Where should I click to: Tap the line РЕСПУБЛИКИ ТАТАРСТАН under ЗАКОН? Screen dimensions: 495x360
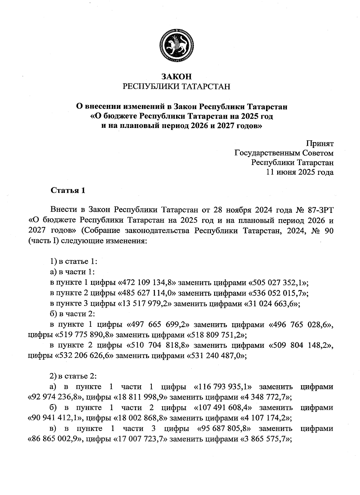pos(177,87)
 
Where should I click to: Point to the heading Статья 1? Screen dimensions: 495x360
pos(68,190)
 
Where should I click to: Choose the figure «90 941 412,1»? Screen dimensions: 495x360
pos(55,418)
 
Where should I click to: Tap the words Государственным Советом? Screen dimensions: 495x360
pos(284,153)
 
